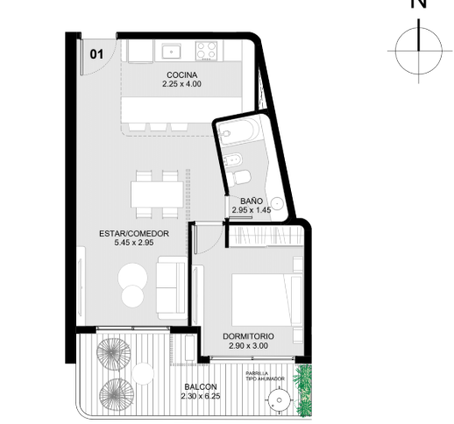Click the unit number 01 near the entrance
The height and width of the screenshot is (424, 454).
(96, 54)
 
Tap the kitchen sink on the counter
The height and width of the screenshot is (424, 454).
(172, 52)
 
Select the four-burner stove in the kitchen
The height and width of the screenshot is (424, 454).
(207, 51)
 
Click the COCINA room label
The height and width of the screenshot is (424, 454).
(181, 75)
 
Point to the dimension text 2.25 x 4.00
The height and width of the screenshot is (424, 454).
(181, 84)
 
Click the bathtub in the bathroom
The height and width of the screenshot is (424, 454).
(238, 133)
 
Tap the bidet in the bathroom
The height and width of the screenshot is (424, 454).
(232, 160)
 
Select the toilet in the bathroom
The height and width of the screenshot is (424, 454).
(238, 178)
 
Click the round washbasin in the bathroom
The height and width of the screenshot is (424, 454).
(276, 202)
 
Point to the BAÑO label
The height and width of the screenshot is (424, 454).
(252, 201)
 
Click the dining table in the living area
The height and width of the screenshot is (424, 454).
(157, 194)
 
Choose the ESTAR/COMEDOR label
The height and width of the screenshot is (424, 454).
(134, 234)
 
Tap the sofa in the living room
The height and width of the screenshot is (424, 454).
(172, 287)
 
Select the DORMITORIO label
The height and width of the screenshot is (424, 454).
(248, 336)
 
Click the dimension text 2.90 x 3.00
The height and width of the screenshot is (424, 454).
(248, 346)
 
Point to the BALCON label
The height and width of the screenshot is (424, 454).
(201, 387)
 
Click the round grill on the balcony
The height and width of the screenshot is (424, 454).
(280, 400)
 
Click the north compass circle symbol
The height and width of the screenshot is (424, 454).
(419, 51)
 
